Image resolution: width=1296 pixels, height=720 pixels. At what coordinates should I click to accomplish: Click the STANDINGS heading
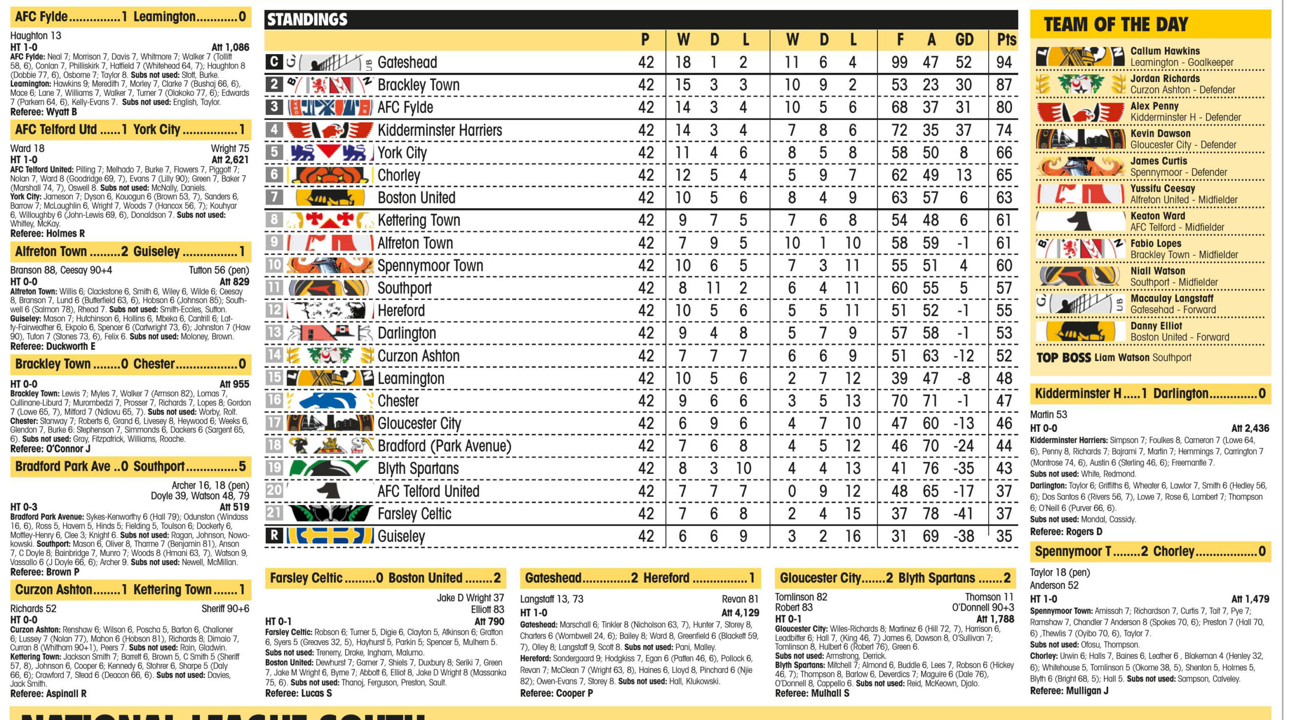click(307, 20)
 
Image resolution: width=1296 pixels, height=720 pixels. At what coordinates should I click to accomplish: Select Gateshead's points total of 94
click(1003, 62)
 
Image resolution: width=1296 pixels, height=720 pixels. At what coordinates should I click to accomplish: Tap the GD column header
click(964, 39)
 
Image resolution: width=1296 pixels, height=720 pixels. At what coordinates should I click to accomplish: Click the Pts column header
click(1006, 39)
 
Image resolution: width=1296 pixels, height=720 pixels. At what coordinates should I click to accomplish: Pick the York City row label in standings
click(402, 152)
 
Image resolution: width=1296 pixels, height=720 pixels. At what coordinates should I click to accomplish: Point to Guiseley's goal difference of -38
click(963, 536)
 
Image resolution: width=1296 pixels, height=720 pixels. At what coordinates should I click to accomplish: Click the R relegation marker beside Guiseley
click(274, 535)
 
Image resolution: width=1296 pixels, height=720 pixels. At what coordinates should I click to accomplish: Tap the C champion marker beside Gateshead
click(274, 62)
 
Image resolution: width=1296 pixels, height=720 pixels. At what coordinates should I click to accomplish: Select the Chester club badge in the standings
click(330, 401)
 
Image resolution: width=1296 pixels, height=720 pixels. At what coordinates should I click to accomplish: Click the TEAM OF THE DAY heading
click(1115, 24)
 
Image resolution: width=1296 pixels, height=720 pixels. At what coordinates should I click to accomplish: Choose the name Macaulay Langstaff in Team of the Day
click(1171, 298)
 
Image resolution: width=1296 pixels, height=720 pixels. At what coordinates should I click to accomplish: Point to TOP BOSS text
click(1063, 357)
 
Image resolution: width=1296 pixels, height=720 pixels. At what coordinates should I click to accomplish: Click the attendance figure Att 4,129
click(740, 613)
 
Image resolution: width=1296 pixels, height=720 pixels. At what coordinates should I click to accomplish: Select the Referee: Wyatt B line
click(44, 112)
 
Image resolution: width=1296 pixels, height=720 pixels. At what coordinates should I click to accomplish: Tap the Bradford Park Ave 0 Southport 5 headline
click(130, 466)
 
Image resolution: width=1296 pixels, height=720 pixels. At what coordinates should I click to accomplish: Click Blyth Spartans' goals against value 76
click(930, 468)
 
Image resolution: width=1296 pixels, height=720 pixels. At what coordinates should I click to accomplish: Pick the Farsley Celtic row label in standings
click(414, 513)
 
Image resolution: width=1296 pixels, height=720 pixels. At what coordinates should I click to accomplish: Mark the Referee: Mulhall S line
click(812, 693)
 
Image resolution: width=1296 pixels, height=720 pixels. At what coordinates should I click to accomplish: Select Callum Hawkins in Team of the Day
click(1165, 51)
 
